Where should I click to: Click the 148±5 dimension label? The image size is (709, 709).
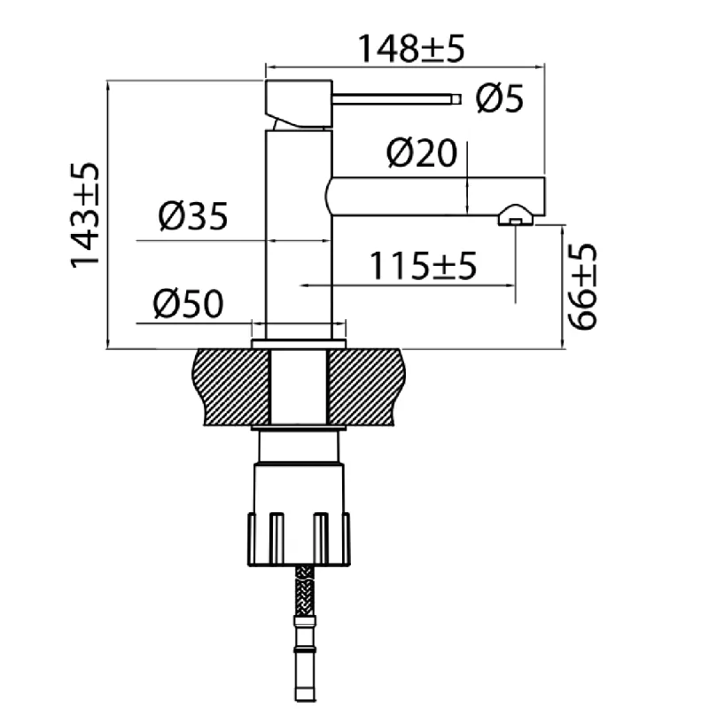coord(411,49)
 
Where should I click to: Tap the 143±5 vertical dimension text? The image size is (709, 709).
coord(84,215)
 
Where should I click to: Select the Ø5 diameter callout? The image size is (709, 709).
coord(499,98)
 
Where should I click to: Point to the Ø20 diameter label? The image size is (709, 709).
coord(422,152)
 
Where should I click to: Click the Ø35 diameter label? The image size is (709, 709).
coord(193,215)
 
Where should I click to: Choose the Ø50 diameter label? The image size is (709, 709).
coord(188,303)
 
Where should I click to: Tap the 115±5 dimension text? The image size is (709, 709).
coord(424,266)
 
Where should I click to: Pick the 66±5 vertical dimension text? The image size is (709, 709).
coord(582,287)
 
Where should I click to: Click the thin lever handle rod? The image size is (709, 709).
coord(396,98)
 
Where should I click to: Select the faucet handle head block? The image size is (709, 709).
coord(299,104)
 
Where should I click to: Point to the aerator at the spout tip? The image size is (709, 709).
coord(516,215)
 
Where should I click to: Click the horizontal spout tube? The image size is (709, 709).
coord(435,196)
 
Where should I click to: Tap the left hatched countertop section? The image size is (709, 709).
coord(232,386)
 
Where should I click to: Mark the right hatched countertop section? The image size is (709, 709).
coord(366,386)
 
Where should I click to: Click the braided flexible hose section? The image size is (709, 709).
coord(304,590)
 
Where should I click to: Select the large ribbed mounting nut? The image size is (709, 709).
coord(300,539)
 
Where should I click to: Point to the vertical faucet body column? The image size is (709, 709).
coord(299,234)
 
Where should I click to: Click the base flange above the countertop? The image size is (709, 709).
coord(299,344)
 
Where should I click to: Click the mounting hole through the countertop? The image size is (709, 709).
coord(299,386)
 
